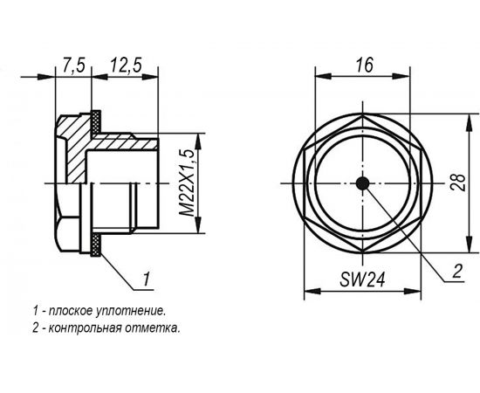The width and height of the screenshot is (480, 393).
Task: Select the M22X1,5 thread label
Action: point(186,183)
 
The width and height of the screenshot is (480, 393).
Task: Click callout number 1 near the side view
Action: point(148,279)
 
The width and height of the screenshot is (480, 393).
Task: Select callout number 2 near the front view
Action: point(456,271)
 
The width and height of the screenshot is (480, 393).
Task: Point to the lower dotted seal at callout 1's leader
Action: point(95,245)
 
